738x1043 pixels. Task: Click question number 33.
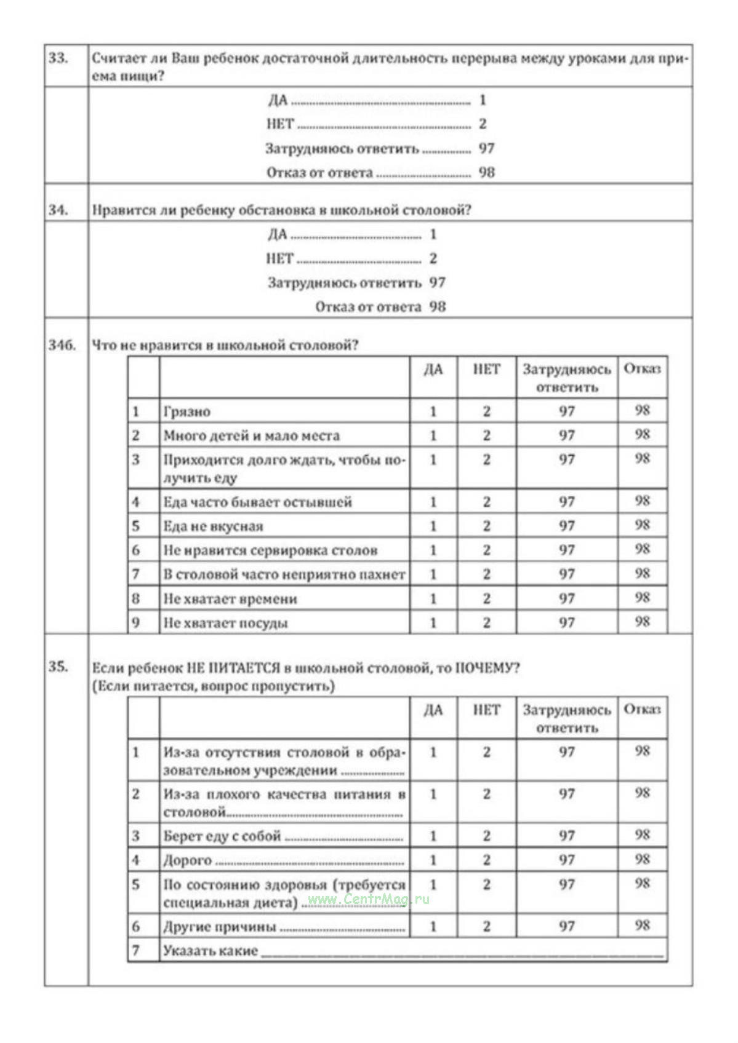pyautogui.click(x=58, y=58)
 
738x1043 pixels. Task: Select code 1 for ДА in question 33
pyautogui.click(x=483, y=100)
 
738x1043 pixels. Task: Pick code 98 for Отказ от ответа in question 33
pyautogui.click(x=487, y=172)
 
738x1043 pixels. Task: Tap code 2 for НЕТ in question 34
pyautogui.click(x=433, y=258)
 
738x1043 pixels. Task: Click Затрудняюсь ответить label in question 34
pyautogui.click(x=344, y=283)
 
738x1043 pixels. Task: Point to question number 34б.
pyautogui.click(x=62, y=345)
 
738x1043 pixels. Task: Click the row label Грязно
pyautogui.click(x=187, y=411)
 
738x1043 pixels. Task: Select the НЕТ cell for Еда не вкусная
pyautogui.click(x=486, y=526)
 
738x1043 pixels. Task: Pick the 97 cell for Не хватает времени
pyautogui.click(x=567, y=598)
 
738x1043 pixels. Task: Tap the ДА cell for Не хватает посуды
pyautogui.click(x=433, y=622)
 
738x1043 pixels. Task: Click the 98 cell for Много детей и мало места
pyautogui.click(x=642, y=435)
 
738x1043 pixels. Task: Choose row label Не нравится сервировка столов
pyautogui.click(x=270, y=550)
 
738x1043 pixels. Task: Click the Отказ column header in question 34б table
pyautogui.click(x=642, y=369)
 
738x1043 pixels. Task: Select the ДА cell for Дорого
pyautogui.click(x=433, y=860)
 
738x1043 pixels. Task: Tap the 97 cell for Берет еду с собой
pyautogui.click(x=567, y=836)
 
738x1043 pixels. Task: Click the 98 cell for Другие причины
pyautogui.click(x=642, y=926)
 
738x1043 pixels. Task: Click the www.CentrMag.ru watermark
pyautogui.click(x=368, y=899)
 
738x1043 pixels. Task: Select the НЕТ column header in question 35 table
pyautogui.click(x=486, y=710)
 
